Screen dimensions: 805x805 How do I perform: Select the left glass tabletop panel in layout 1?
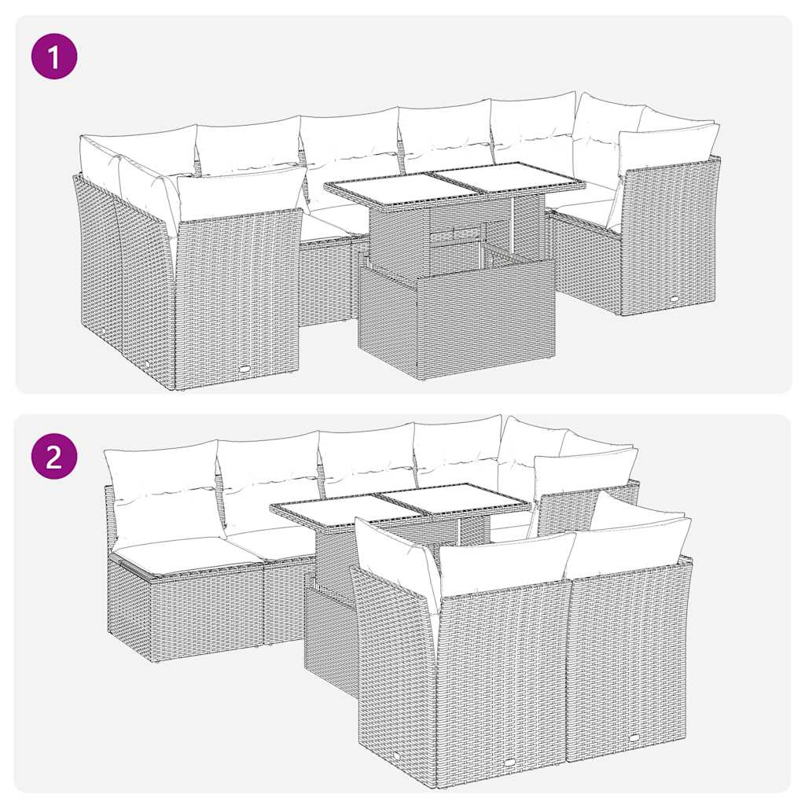point(385,188)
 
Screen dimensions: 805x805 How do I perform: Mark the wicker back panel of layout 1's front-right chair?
point(668,236)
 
